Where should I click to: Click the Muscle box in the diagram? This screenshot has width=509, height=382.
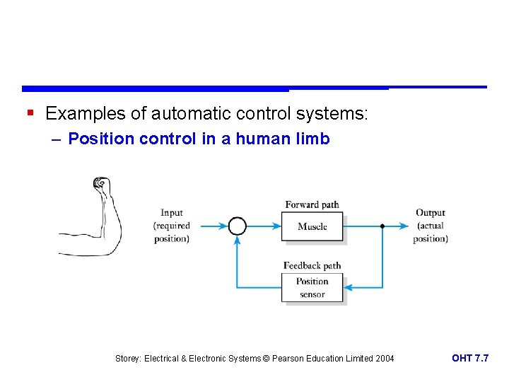pos(312,226)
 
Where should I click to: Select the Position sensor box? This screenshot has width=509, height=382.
pos(312,287)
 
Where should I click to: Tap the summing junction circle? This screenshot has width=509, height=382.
pos(237,226)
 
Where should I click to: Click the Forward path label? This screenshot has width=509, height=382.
pos(312,204)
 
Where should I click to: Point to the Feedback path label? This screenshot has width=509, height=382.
pos(312,266)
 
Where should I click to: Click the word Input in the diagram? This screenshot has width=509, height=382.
pos(171,212)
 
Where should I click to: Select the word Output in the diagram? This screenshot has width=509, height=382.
pos(430,212)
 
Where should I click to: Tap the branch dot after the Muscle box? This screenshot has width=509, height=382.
pos(382,226)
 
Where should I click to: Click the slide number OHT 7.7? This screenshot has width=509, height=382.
pos(470,359)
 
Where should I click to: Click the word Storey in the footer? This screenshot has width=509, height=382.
pos(128,359)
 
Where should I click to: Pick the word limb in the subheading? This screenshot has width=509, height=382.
pos(314,139)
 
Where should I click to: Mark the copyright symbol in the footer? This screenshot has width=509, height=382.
pos(266,359)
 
